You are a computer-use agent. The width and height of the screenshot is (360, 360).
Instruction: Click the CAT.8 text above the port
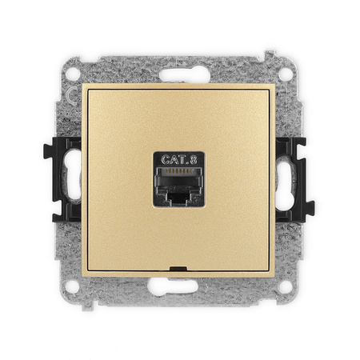coord(179,159)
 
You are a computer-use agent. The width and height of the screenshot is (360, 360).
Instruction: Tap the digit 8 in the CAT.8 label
coord(194,160)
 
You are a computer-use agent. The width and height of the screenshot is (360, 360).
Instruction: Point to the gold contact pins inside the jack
coord(179,171)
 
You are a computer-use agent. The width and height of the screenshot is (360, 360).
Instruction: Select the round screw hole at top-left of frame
coord(73,74)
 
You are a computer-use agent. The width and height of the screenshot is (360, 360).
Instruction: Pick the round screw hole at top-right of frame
coord(286,74)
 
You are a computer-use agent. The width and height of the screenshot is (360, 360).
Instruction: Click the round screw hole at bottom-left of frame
coord(72,286)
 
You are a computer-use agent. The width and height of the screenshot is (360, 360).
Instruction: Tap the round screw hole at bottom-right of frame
coord(285,287)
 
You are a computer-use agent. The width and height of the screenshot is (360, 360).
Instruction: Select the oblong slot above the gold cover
coord(185,75)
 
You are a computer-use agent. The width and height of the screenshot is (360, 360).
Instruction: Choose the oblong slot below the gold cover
coord(173,286)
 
